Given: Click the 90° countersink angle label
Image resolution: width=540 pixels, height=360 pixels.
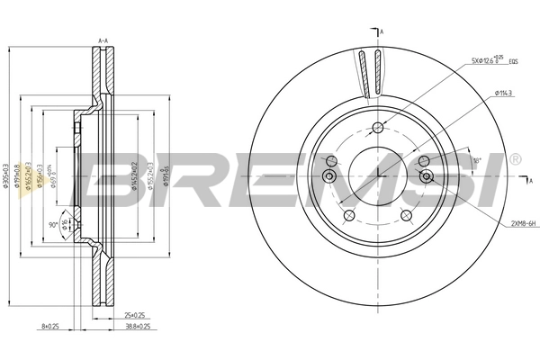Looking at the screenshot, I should [x=53, y=224].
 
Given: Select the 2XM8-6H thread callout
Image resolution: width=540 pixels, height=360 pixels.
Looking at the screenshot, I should [x=517, y=221].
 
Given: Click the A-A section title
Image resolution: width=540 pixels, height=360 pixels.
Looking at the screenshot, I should [x=103, y=41].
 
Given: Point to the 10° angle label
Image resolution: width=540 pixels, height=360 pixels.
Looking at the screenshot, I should [x=477, y=160].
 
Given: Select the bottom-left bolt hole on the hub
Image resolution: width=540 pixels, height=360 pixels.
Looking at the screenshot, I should [x=346, y=215].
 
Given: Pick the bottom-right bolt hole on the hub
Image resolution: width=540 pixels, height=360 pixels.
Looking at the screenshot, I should [x=407, y=215].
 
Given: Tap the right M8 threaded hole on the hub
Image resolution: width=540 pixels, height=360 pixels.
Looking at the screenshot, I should [x=427, y=175].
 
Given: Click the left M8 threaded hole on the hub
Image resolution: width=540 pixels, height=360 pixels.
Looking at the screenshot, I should [x=330, y=175].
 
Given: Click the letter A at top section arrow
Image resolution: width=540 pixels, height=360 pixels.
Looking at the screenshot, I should [x=382, y=32].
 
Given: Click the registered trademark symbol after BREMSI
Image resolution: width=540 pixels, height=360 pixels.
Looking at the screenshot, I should [x=514, y=159].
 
